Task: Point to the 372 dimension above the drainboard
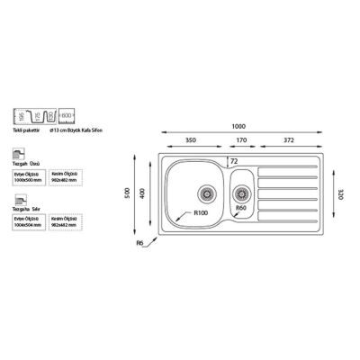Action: pyautogui.click(x=286, y=141)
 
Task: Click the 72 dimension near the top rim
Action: pyautogui.click(x=234, y=160)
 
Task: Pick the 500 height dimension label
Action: pyautogui.click(x=129, y=193)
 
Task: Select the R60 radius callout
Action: pyautogui.click(x=240, y=209)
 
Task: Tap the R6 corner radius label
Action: pyautogui.click(x=140, y=244)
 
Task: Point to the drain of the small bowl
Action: pyautogui.click(x=241, y=192)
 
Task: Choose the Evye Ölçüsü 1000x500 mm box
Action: pyautogui.click(x=27, y=178)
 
